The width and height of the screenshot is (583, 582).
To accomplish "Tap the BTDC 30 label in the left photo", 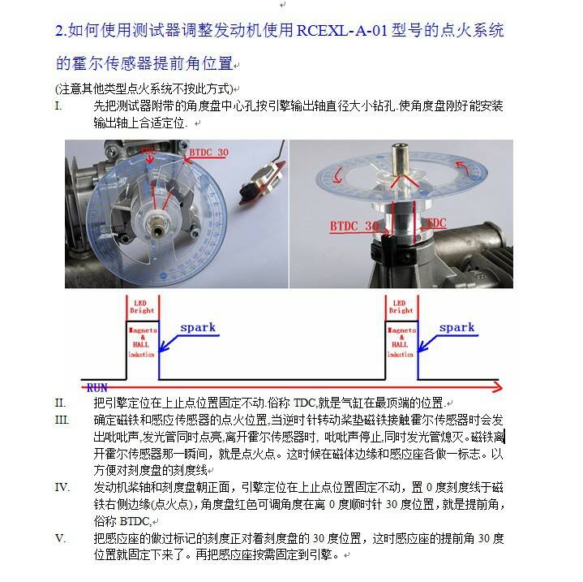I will [x=208, y=152].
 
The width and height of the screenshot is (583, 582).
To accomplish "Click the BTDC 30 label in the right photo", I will [x=354, y=225].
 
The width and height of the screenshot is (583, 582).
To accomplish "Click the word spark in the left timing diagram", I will [x=198, y=328].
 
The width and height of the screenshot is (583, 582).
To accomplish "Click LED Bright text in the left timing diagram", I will [x=142, y=306].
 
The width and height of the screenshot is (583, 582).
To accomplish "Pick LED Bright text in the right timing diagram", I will [x=401, y=306].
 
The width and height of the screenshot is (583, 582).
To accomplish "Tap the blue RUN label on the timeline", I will [x=97, y=388].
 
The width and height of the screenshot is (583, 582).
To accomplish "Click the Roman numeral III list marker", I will [x=62, y=420].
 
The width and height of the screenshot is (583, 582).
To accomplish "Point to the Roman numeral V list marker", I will [x=60, y=538].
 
